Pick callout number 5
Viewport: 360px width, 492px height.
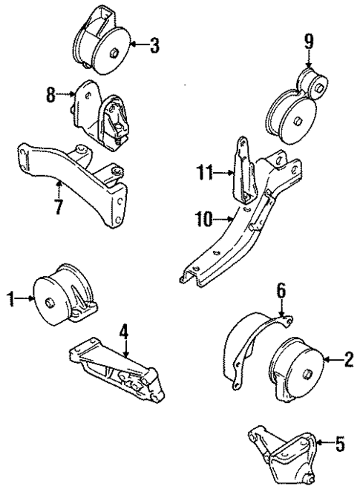click(x=339, y=445)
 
